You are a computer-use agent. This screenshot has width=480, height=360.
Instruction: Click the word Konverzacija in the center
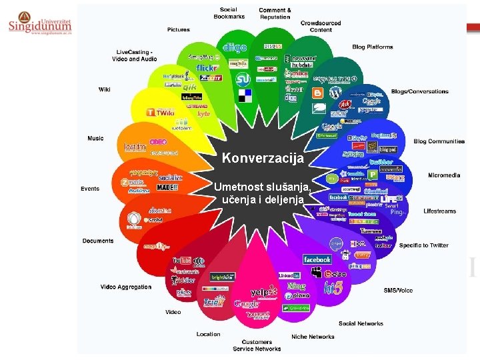[x=263, y=159]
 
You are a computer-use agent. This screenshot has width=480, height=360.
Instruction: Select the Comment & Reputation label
[x=275, y=13]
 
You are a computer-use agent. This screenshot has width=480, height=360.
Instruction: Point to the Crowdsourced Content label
[x=321, y=26]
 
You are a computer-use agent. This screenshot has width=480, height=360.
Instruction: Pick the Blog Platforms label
[x=373, y=47]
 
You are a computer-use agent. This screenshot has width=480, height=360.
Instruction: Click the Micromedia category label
[x=444, y=175]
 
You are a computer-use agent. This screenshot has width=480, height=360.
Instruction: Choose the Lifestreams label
[x=440, y=211]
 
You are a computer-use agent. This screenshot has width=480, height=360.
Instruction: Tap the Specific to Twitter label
[x=424, y=245]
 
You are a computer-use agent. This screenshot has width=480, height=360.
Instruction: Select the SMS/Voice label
[x=398, y=290]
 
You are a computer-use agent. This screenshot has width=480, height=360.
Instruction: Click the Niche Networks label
[x=313, y=337]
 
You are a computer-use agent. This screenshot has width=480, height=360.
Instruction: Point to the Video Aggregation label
[x=126, y=287]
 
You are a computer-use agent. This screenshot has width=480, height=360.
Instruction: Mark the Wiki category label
[x=105, y=89]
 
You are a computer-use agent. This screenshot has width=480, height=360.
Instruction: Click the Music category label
[x=95, y=138]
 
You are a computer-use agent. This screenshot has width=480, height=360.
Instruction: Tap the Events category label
[x=90, y=189]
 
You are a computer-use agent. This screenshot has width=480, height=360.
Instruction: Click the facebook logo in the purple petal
[x=317, y=259]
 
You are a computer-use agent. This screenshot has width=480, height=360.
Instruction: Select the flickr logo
[x=207, y=68]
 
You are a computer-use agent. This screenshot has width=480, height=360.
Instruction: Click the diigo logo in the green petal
[x=234, y=47]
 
